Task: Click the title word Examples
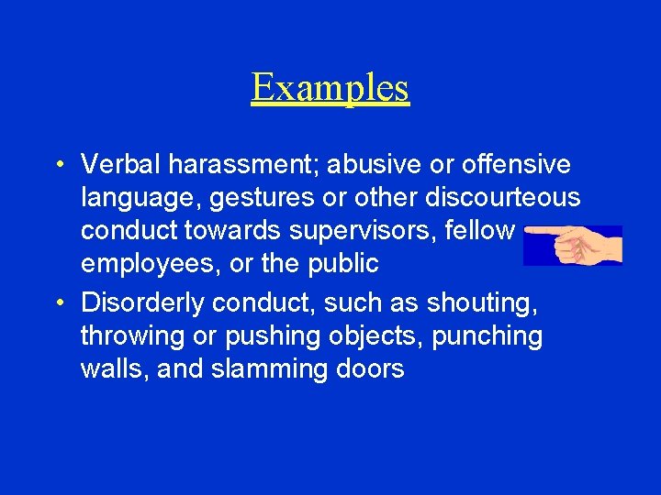[x=330, y=88]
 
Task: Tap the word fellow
[x=478, y=230]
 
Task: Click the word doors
[x=369, y=369]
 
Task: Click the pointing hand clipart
[x=574, y=244]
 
